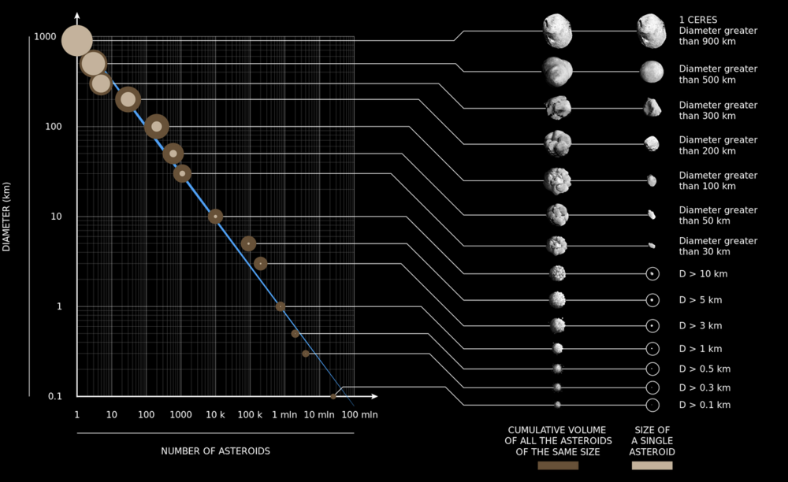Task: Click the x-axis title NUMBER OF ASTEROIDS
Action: (x=215, y=451)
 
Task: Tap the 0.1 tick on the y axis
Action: (x=54, y=396)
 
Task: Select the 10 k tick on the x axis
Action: (x=215, y=414)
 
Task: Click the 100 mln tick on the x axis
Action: (x=353, y=414)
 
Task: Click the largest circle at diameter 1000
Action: (x=77, y=41)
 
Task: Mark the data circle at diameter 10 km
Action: (x=215, y=216)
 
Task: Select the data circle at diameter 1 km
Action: (x=280, y=306)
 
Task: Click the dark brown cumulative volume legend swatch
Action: (x=557, y=465)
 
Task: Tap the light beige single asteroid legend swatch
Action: (x=652, y=465)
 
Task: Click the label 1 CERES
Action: (x=698, y=20)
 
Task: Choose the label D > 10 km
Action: (x=700, y=275)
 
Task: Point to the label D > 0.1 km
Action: (x=704, y=405)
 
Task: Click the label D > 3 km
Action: (x=700, y=325)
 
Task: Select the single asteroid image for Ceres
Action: (x=652, y=32)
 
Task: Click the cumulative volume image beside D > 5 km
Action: (x=558, y=300)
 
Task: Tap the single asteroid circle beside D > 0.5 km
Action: (x=652, y=369)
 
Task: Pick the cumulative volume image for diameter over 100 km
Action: (x=558, y=180)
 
